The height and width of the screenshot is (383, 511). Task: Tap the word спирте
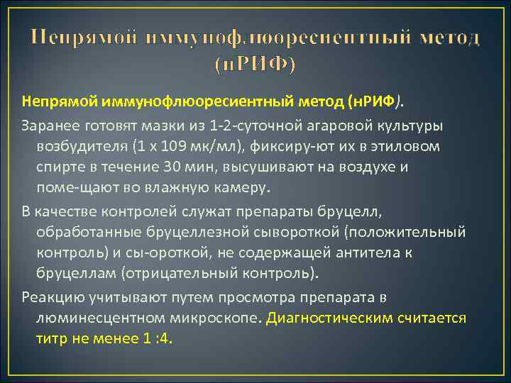click(x=62, y=168)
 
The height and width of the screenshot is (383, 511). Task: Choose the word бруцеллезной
click(x=199, y=231)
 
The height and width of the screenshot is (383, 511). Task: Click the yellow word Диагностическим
click(x=329, y=318)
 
